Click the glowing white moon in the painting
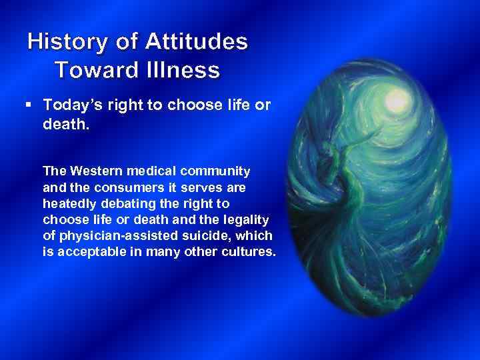point(397,101)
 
